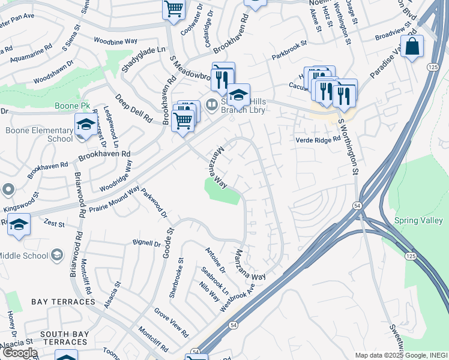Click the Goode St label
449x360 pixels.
(x=168, y=242)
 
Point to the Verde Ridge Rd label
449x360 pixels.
(x=318, y=140)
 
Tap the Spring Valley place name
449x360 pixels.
(x=419, y=220)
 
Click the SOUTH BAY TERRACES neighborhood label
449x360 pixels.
(x=65, y=337)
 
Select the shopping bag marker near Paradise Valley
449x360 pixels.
(x=412, y=46)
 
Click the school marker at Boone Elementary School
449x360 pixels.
(x=85, y=124)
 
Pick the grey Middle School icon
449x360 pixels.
(x=56, y=255)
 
